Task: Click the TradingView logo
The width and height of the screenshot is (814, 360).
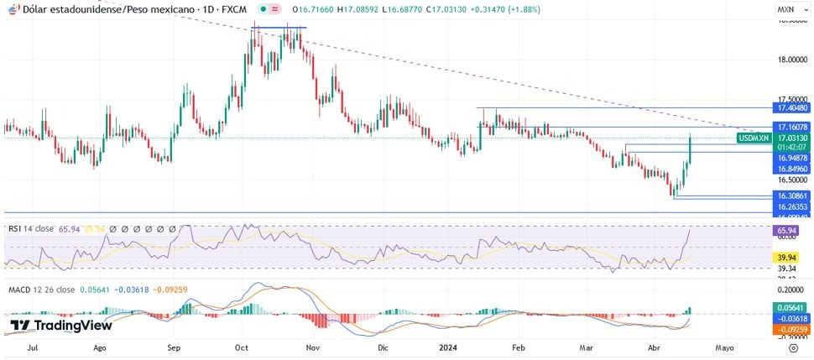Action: click(x=60, y=326)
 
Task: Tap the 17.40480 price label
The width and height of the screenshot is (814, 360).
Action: click(x=792, y=108)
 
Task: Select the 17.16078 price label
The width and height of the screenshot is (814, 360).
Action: click(x=792, y=128)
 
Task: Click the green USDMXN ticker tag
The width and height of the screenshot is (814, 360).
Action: click(x=753, y=138)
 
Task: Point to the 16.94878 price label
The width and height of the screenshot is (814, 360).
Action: click(x=792, y=157)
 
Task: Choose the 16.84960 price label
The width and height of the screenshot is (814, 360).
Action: click(x=792, y=168)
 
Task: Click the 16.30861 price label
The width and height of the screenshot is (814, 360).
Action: click(x=792, y=196)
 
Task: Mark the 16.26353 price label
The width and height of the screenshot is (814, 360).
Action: click(x=792, y=206)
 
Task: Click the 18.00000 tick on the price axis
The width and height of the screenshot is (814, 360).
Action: click(x=792, y=60)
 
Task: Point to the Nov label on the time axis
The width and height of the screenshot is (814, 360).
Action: click(x=311, y=346)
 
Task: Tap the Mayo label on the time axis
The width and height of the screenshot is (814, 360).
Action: click(x=724, y=346)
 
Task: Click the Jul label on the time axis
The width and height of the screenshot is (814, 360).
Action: click(x=33, y=346)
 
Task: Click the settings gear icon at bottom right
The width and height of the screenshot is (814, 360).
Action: click(x=792, y=346)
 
